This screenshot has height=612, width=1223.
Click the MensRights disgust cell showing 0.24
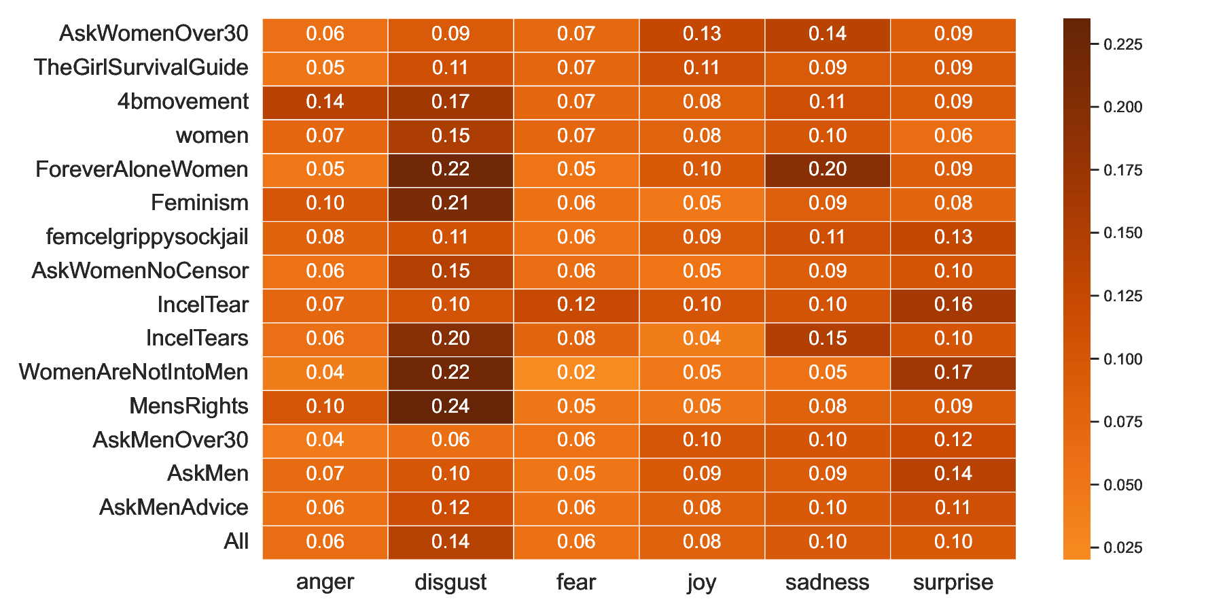tap(450, 407)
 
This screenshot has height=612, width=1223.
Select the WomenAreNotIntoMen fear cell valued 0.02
tap(576, 373)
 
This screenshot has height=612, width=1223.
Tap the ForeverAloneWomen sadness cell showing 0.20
tap(828, 169)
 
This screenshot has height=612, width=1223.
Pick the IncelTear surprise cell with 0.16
tap(953, 305)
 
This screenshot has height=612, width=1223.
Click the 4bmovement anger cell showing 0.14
tap(325, 102)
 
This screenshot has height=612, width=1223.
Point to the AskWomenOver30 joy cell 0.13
tap(702, 34)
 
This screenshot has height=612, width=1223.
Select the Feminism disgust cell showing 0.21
tap(450, 203)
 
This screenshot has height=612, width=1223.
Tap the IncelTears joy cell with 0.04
tap(702, 339)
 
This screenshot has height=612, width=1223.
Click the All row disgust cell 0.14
tap(450, 542)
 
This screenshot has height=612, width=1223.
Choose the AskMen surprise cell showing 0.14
tap(953, 474)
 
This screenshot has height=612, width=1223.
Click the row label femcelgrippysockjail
tap(147, 237)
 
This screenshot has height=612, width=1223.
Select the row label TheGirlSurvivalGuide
tap(141, 68)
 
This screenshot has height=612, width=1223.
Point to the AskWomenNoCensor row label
tap(140, 271)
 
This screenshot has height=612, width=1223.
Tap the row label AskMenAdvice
tap(174, 508)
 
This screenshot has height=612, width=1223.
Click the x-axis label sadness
tap(827, 583)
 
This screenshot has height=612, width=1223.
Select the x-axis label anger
tap(325, 583)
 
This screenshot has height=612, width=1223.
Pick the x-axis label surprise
tap(953, 583)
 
